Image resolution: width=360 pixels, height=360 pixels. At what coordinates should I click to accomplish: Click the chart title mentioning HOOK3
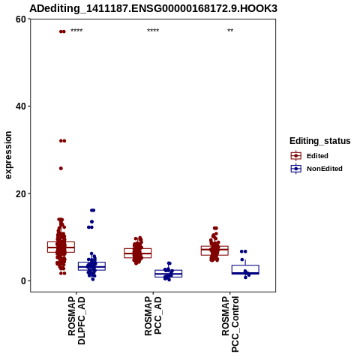[153, 9]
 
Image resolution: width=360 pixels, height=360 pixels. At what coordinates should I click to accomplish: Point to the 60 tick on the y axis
[21, 19]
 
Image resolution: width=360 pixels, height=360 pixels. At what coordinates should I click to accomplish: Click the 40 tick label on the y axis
[21, 106]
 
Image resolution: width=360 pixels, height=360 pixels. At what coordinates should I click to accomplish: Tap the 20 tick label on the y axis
[21, 193]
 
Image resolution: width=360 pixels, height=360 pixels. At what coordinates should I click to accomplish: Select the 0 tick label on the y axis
[24, 281]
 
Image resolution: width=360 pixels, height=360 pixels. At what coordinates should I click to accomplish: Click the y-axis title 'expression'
[8, 155]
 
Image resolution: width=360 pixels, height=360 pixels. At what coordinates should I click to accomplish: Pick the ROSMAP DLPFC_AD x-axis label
[76, 320]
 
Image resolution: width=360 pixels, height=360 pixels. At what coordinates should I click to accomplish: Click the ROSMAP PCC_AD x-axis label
[153, 316]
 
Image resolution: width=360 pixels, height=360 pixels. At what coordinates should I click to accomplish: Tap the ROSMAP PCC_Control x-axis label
[230, 324]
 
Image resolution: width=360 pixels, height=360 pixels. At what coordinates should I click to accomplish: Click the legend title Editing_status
[320, 141]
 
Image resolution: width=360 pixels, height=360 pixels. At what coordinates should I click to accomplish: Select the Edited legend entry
[310, 156]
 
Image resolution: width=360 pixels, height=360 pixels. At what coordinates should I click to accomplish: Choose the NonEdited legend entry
[316, 169]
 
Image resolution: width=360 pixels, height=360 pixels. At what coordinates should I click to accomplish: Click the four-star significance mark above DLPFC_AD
[76, 31]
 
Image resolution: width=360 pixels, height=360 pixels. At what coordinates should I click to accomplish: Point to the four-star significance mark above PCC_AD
[153, 31]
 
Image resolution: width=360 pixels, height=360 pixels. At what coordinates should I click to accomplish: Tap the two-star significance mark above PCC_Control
[230, 31]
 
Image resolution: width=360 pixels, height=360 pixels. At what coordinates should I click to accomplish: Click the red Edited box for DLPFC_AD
[61, 247]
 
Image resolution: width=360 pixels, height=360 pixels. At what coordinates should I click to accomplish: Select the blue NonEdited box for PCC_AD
[169, 274]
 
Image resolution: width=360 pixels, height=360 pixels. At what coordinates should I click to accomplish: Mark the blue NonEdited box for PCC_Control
[245, 269]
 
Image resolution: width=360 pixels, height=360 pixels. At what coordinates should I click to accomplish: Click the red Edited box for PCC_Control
[214, 250]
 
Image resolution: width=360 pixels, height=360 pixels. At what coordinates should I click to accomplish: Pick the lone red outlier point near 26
[61, 169]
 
